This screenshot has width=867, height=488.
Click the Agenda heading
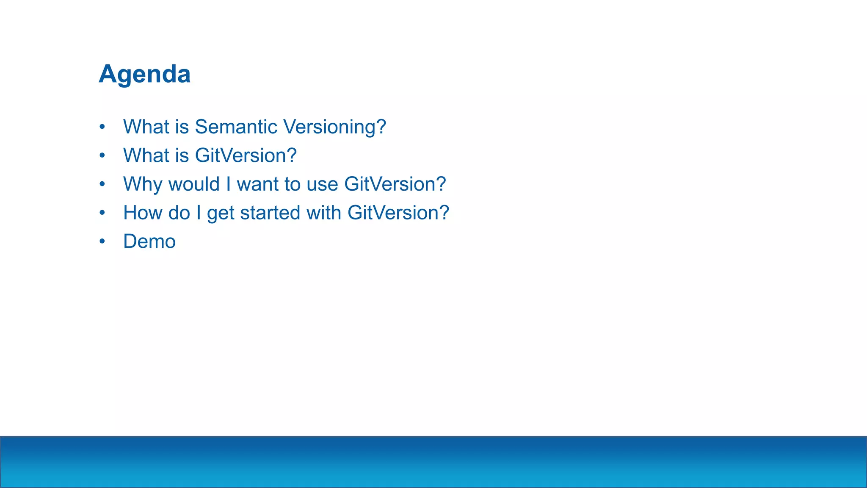(x=145, y=75)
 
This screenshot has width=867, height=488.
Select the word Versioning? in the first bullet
(x=334, y=127)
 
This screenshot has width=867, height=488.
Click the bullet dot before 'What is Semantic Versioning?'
(x=102, y=127)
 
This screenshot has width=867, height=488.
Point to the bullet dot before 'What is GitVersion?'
(x=102, y=155)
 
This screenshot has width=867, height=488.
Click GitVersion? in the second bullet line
(x=246, y=155)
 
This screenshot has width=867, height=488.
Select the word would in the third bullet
(x=194, y=185)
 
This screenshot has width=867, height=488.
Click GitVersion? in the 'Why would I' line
(x=395, y=185)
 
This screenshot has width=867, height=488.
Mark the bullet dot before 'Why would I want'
(x=102, y=184)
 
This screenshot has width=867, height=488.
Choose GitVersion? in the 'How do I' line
(x=398, y=213)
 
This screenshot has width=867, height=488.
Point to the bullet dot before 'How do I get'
(x=102, y=213)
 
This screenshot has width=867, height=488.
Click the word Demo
(x=149, y=241)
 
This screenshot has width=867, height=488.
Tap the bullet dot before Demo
(x=102, y=241)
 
